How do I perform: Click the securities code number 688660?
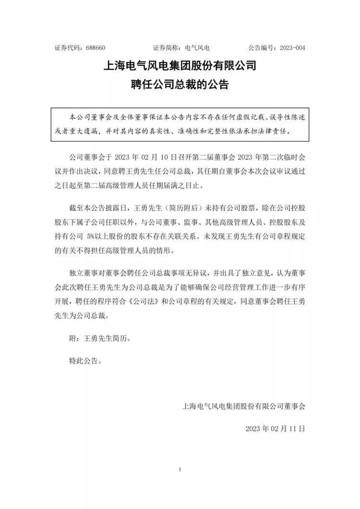[x=96, y=48]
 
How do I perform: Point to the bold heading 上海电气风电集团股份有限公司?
[x=180, y=65]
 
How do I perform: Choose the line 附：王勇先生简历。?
[x=100, y=338]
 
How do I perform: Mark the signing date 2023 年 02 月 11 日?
[x=275, y=428]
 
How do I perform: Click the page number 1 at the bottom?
[x=180, y=469]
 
